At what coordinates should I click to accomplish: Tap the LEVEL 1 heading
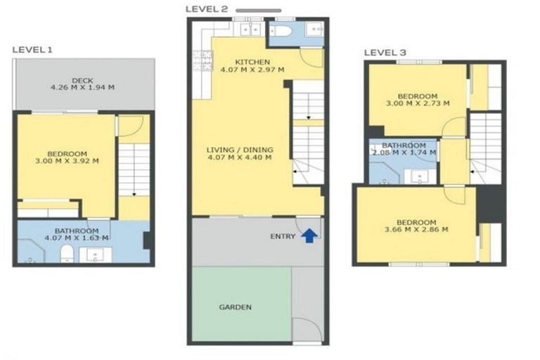click(32, 50)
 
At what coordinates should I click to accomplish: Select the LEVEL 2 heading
click(206, 8)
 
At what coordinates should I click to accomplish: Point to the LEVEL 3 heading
click(384, 53)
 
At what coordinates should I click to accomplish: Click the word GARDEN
click(235, 307)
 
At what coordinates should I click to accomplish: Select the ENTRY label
click(283, 236)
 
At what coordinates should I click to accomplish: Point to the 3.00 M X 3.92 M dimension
click(67, 161)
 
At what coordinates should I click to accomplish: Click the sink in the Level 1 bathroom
click(98, 255)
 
